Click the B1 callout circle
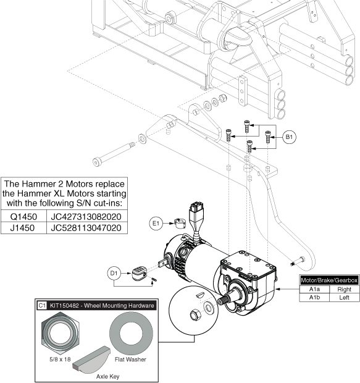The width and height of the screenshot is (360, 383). click(x=289, y=137)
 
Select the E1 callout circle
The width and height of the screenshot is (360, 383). click(x=156, y=223)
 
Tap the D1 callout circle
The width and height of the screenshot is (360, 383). click(x=114, y=273)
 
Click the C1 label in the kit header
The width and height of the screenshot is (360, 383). click(x=42, y=305)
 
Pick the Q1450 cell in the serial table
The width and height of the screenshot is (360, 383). click(x=23, y=216)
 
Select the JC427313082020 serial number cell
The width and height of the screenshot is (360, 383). click(x=86, y=216)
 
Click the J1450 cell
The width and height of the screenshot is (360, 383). click(x=23, y=228)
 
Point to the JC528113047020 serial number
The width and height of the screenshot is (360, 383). click(x=86, y=228)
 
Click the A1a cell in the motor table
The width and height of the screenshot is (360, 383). click(x=314, y=289)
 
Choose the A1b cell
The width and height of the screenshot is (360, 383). click(x=314, y=298)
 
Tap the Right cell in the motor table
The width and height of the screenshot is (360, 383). click(x=345, y=289)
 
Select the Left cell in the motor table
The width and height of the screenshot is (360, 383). click(x=345, y=298)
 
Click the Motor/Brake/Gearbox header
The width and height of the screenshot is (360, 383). click(x=330, y=280)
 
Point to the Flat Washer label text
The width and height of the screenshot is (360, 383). click(x=130, y=360)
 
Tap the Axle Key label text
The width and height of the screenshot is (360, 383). click(x=107, y=376)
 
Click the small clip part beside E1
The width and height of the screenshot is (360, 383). click(x=180, y=222)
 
